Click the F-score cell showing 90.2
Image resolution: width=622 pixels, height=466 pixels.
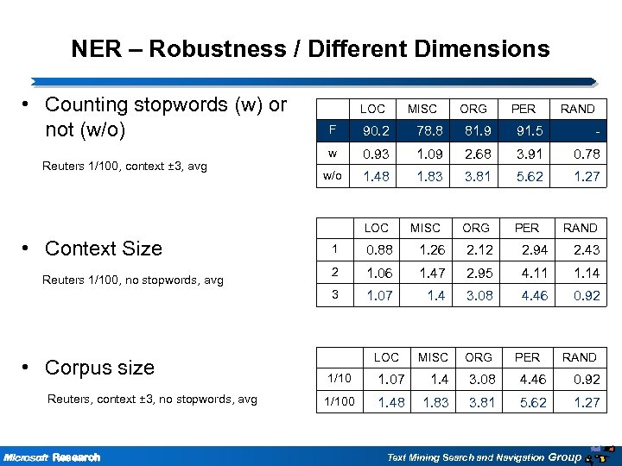tap(376, 131)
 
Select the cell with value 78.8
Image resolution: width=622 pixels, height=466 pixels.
tap(429, 131)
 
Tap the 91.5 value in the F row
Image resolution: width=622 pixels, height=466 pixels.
tap(530, 131)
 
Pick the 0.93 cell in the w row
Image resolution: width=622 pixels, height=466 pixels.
tap(376, 154)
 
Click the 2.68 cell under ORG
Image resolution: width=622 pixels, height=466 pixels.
tap(479, 154)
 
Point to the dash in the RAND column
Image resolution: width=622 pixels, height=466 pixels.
tap(597, 132)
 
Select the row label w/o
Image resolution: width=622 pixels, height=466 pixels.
tap(332, 176)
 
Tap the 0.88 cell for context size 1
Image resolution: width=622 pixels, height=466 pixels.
tap(379, 250)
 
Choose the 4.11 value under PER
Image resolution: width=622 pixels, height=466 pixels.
tap(533, 273)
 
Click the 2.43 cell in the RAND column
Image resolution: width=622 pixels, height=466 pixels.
tap(585, 250)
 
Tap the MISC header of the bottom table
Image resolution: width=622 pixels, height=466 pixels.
tap(433, 357)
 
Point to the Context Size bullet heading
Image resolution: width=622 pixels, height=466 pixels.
tap(103, 249)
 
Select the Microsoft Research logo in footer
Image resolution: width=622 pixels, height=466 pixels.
tap(52, 457)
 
